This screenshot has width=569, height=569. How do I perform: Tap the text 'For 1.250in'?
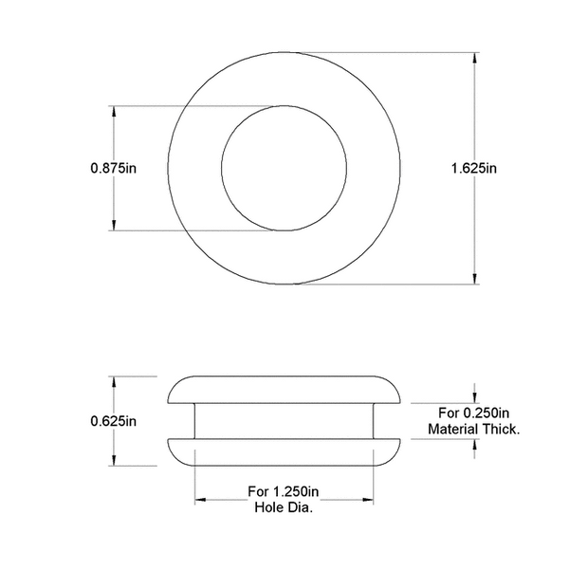point(284,491)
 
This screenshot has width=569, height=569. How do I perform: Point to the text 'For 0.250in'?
point(474,413)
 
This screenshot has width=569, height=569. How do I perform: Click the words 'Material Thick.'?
point(474,430)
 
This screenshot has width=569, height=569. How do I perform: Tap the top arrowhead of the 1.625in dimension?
point(474,58)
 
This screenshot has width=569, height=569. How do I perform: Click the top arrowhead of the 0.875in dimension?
point(115,112)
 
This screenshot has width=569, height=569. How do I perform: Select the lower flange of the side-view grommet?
point(284,451)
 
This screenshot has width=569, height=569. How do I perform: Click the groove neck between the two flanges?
point(284,421)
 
